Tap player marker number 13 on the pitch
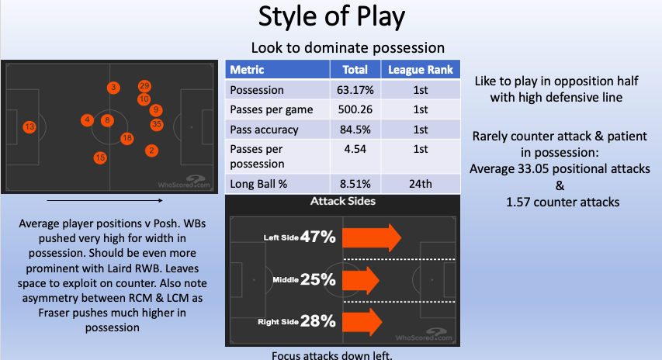point(29,126)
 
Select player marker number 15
point(100,157)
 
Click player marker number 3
point(113,88)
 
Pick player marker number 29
point(144,86)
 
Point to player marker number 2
point(151,151)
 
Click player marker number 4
point(87,120)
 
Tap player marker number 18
point(127,138)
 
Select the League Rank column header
point(422,70)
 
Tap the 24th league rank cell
point(422,184)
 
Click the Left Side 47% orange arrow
point(371,237)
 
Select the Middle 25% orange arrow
point(361,278)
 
